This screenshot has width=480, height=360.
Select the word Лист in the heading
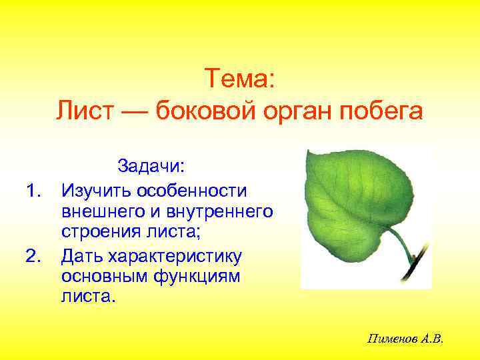[81, 111]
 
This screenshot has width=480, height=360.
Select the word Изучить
[95, 191]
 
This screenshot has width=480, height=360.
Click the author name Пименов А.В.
[405, 339]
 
